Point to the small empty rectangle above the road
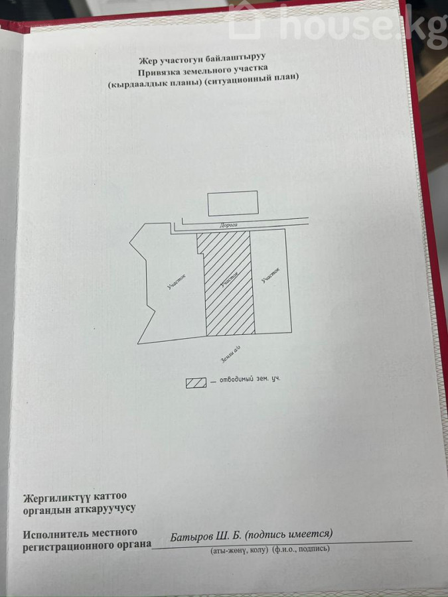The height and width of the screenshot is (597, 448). coord(232,203)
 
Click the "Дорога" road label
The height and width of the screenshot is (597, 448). coord(228,226)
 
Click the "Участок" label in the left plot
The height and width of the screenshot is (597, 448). coord(175,283)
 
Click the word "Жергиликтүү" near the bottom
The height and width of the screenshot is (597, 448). coord(56,497)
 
